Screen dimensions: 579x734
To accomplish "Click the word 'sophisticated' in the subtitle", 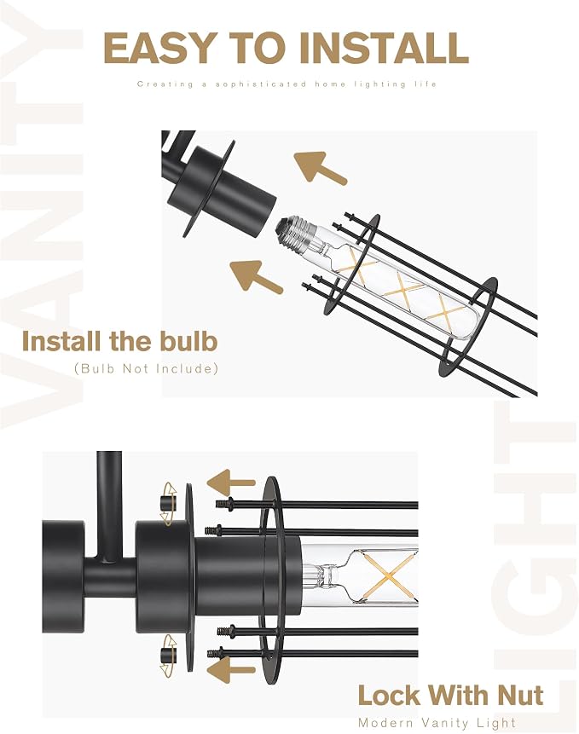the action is pyautogui.click(x=261, y=84).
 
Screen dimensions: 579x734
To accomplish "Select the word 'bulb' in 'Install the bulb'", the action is pyautogui.click(x=188, y=341).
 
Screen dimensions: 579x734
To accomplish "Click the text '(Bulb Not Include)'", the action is pyautogui.click(x=147, y=368).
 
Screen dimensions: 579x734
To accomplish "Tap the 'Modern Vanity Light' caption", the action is pyautogui.click(x=437, y=723).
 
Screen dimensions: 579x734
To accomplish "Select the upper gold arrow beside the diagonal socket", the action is pyautogui.click(x=320, y=168).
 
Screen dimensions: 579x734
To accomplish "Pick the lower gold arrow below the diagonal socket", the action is pyautogui.click(x=256, y=277).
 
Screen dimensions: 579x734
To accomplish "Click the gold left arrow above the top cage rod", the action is pyautogui.click(x=231, y=483).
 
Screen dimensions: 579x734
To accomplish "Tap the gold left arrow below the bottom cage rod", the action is pyautogui.click(x=231, y=669).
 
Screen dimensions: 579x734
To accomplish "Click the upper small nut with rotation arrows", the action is pyautogui.click(x=168, y=504).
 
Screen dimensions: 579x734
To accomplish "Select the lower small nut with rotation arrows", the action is pyautogui.click(x=168, y=656).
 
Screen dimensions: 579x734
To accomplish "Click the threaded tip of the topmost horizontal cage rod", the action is pyautogui.click(x=224, y=504).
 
